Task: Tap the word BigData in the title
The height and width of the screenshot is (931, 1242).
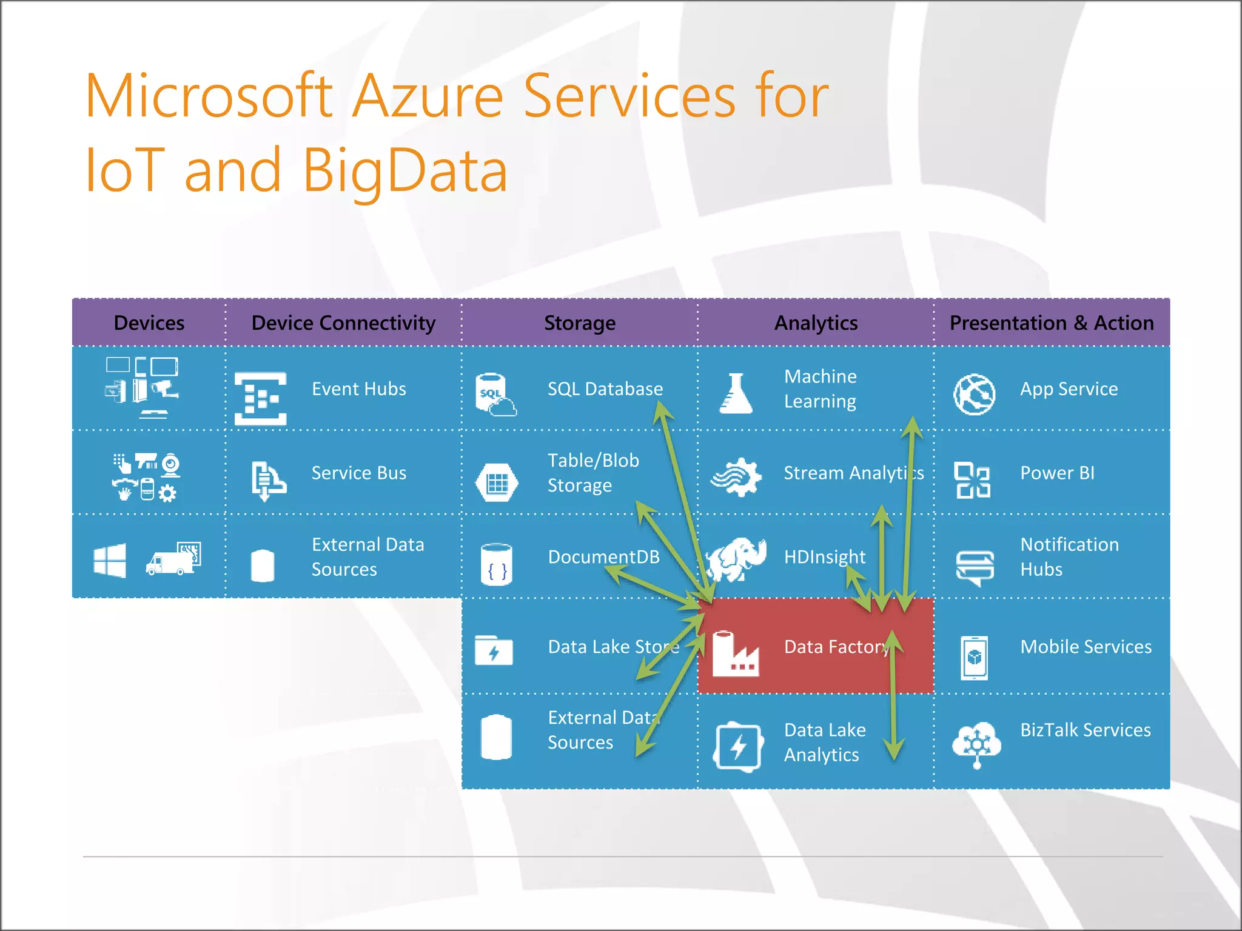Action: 404,171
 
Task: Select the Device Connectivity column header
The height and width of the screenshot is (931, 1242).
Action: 343,323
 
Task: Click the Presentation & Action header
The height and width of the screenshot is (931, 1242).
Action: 1052,323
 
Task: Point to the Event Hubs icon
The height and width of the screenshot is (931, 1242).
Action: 261,398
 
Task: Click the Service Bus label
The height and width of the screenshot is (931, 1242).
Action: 359,473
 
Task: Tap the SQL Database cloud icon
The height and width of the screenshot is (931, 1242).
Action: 496,395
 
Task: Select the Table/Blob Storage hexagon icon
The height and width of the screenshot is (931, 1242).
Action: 497,482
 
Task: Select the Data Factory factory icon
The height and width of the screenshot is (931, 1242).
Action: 735,655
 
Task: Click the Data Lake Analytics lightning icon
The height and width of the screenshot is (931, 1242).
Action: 738,747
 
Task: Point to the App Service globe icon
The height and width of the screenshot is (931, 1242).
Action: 974,395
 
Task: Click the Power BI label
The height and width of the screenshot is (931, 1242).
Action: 1057,473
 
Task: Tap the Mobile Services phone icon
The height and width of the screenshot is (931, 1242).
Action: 974,658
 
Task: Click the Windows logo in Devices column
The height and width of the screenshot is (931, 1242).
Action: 110,560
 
